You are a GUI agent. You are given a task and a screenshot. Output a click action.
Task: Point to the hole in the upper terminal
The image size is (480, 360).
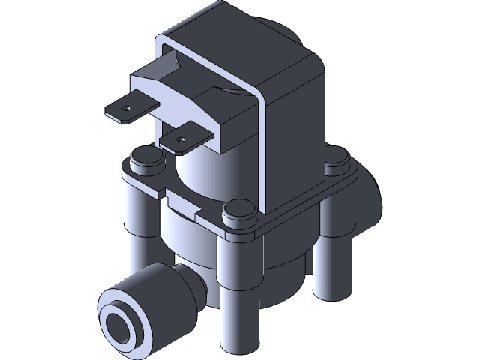[125, 109]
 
